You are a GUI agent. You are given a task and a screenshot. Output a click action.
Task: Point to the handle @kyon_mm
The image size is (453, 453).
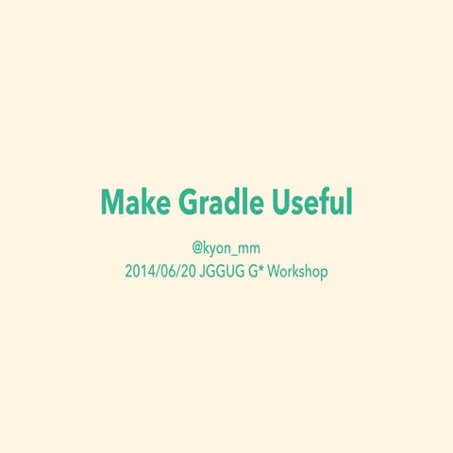point(226,249)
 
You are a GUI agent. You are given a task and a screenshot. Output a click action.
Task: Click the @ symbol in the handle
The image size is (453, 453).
point(198,249)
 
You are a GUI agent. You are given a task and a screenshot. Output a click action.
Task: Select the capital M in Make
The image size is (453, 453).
point(112,202)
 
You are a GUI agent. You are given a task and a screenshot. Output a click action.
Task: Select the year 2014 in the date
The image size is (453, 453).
point(138,271)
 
